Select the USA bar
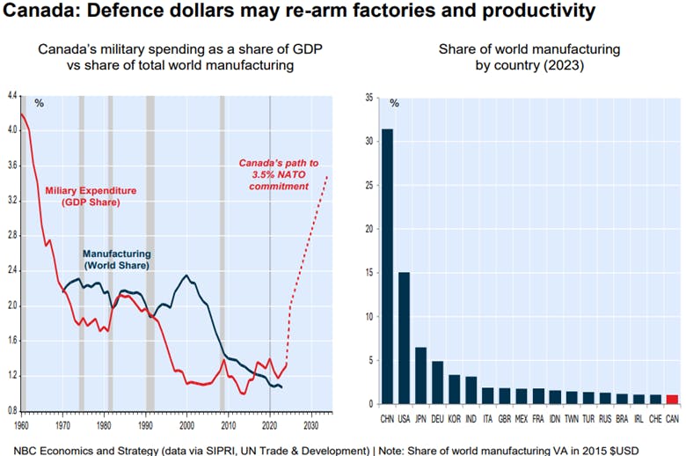point(404,338)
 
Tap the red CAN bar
point(671,400)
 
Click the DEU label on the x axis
point(437,416)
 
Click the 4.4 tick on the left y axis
point(11,94)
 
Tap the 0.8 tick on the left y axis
point(11,410)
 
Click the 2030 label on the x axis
point(310,426)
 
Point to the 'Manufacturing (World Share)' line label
point(119,259)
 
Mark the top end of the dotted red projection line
point(327,176)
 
